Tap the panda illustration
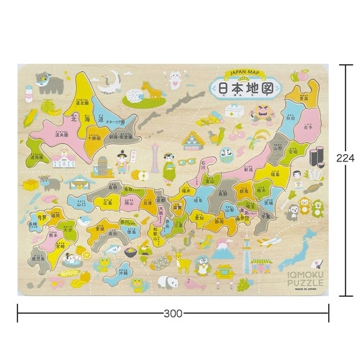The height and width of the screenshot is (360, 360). click(x=166, y=282)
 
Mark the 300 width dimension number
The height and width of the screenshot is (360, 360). click(x=173, y=313)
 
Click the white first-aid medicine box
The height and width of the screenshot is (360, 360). click(x=234, y=111)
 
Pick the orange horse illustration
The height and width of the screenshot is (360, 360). click(x=151, y=90)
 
